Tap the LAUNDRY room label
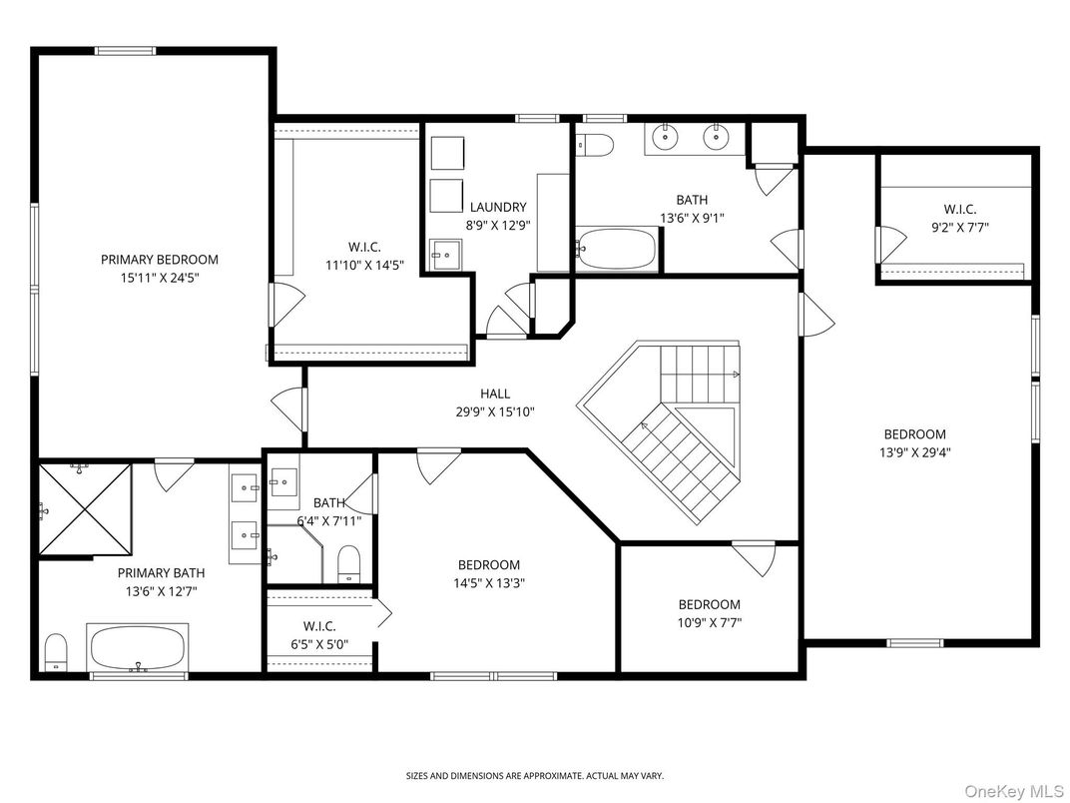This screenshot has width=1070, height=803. (496, 207)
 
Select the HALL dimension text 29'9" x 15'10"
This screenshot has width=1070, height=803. (496, 410)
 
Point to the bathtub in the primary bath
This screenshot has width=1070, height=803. (139, 648)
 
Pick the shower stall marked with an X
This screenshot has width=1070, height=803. (86, 506)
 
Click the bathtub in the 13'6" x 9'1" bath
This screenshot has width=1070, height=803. (616, 249)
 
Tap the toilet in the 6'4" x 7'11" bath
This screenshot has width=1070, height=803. (348, 563)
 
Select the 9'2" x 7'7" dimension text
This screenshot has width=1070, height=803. (959, 227)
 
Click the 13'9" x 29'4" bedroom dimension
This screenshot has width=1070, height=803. (914, 451)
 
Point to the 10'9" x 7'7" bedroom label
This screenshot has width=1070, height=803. (709, 604)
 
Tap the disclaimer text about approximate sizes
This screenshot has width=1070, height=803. (534, 775)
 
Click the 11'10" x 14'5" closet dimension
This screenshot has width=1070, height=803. (363, 265)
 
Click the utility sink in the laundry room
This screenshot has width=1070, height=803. (445, 253)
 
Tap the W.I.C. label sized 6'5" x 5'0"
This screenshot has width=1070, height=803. (312, 626)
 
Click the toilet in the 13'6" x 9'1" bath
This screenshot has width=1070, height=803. (595, 146)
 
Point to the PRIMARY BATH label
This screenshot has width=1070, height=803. (161, 573)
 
